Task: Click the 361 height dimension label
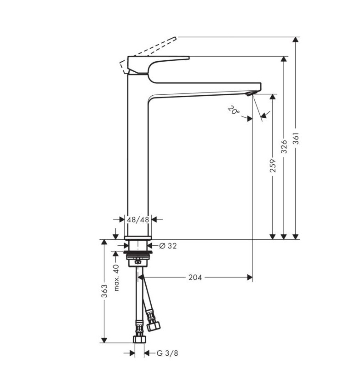click(297, 139)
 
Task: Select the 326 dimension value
click(284, 146)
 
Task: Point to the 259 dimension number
click(273, 166)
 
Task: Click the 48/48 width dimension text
click(138, 220)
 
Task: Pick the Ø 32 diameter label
click(168, 246)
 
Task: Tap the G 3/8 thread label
click(167, 353)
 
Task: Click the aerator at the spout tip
click(250, 94)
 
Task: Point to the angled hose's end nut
click(154, 326)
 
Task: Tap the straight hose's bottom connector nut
click(139, 340)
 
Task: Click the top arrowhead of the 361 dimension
click(297, 40)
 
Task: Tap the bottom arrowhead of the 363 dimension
click(104, 340)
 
